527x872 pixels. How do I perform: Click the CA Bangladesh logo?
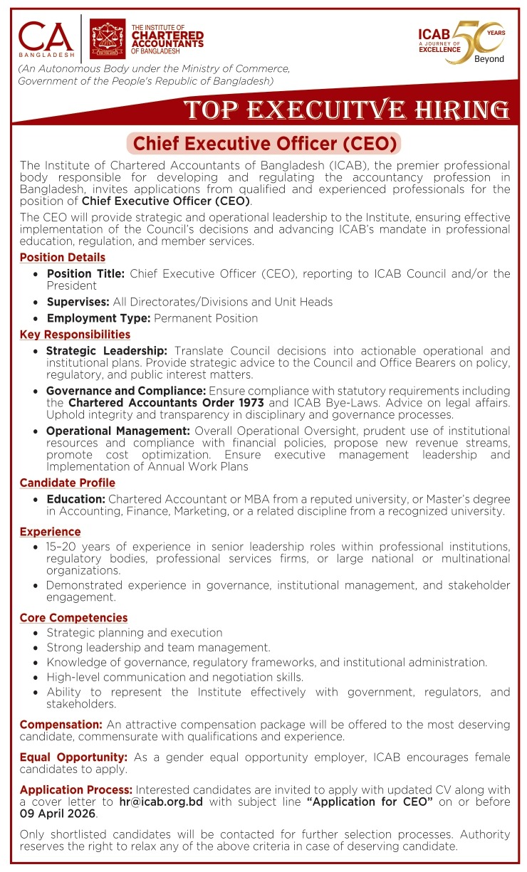46,40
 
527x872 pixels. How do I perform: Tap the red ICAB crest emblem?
108,39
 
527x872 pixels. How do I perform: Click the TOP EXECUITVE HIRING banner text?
346,110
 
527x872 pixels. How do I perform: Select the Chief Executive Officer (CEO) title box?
263,143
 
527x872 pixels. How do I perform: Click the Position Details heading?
63,258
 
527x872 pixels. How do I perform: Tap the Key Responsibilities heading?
75,335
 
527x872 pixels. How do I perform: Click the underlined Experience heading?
50,532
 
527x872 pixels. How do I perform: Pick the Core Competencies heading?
74,618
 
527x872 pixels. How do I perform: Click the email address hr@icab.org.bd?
161,802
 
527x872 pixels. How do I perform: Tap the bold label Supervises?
78,302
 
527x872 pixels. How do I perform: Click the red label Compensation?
61,725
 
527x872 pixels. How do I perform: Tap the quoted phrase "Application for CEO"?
370,802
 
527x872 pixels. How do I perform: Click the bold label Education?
76,500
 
